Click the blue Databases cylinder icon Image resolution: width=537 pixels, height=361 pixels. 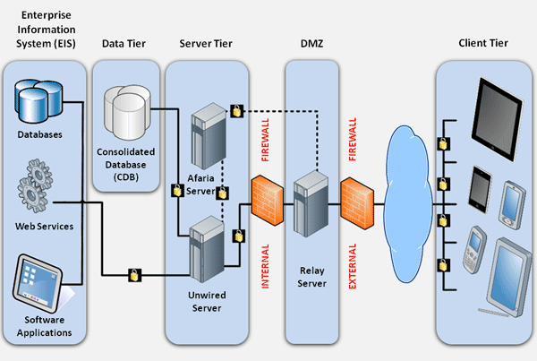pos(38,101)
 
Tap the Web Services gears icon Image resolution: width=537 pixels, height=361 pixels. pos(35,186)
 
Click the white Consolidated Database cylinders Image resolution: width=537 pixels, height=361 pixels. pos(127,112)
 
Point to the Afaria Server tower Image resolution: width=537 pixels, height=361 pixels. pos(209,136)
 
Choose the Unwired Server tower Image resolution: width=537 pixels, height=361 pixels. pos(207,249)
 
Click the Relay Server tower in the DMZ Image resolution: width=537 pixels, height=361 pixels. pos(311,203)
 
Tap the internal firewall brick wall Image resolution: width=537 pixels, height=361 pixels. pos(268,201)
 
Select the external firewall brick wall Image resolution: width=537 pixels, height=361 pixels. pos(357,203)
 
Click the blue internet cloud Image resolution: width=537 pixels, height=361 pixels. pos(407,204)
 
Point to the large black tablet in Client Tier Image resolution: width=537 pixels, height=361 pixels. pos(498,119)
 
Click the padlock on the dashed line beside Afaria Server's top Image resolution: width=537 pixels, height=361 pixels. pos(236,111)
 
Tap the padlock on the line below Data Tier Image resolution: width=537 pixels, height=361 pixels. pos(134,275)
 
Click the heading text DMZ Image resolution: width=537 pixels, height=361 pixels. pos(311,44)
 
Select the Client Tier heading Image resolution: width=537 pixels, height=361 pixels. pos(483,43)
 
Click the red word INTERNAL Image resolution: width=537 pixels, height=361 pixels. pos(266,266)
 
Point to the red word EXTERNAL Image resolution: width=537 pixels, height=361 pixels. pos(353,266)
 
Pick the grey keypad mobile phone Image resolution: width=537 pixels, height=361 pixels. pos(474,250)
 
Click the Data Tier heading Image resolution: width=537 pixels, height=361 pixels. pos(124,44)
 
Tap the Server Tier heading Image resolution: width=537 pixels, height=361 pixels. pos(206,44)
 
